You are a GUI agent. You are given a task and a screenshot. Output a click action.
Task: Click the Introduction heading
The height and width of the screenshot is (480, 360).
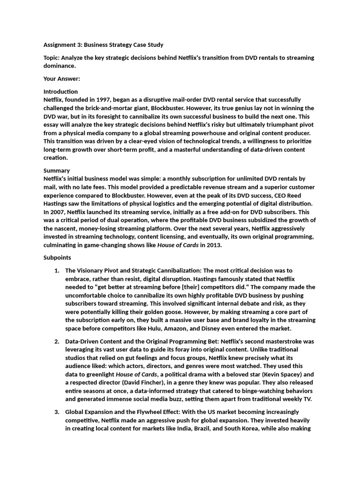pos(60,91)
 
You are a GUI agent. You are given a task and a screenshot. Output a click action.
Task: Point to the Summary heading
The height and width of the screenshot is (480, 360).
pos(57,171)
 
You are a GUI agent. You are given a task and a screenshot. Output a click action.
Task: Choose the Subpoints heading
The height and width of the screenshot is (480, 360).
pos(58,258)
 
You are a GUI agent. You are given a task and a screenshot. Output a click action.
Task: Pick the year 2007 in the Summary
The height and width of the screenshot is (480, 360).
pos(52,212)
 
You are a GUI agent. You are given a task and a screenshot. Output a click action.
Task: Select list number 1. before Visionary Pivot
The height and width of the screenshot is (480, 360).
pos(57,271)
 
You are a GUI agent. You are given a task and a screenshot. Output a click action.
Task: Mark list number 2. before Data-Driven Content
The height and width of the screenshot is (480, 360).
pos(57,342)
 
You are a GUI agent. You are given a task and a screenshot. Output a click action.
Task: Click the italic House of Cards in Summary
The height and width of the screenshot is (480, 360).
pos(178,246)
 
